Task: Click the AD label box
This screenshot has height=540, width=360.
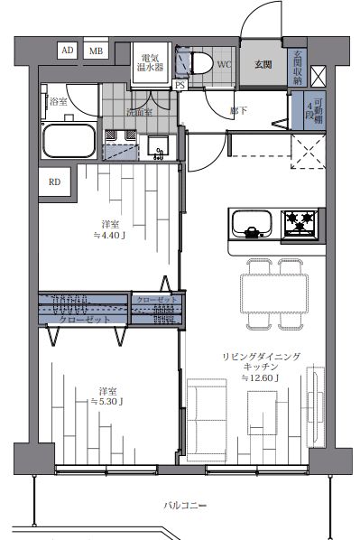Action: coord(68,51)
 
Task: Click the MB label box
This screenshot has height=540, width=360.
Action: coord(96,51)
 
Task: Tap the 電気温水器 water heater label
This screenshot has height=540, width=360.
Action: coord(150,62)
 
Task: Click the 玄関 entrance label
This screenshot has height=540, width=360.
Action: coord(263,65)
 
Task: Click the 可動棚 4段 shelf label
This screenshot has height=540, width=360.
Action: coord(310,112)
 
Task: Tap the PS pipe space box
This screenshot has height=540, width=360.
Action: coord(180,85)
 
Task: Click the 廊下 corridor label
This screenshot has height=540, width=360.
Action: coord(239,111)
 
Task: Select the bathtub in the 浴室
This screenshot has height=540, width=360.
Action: coord(69,142)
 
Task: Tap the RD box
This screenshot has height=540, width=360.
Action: coord(55,182)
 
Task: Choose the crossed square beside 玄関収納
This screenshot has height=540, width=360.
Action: coord(318,75)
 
